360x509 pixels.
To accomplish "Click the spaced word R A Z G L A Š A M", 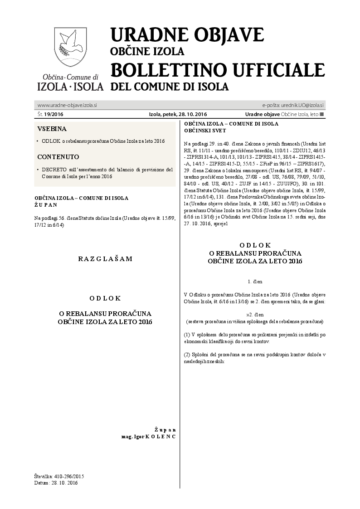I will click(105, 259).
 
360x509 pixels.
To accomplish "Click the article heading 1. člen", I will click(255, 281).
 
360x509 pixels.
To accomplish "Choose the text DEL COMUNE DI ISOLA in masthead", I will click(169, 87).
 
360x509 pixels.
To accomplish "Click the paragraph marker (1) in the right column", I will click(187, 334).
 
